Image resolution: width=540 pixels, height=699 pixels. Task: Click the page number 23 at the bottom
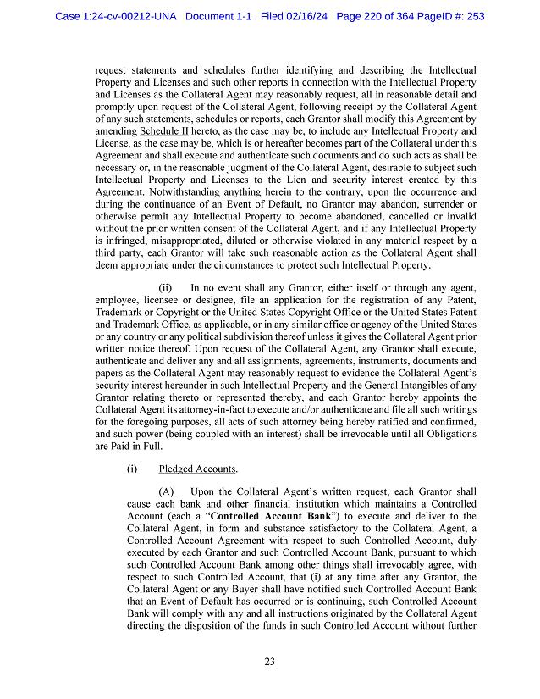269,662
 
